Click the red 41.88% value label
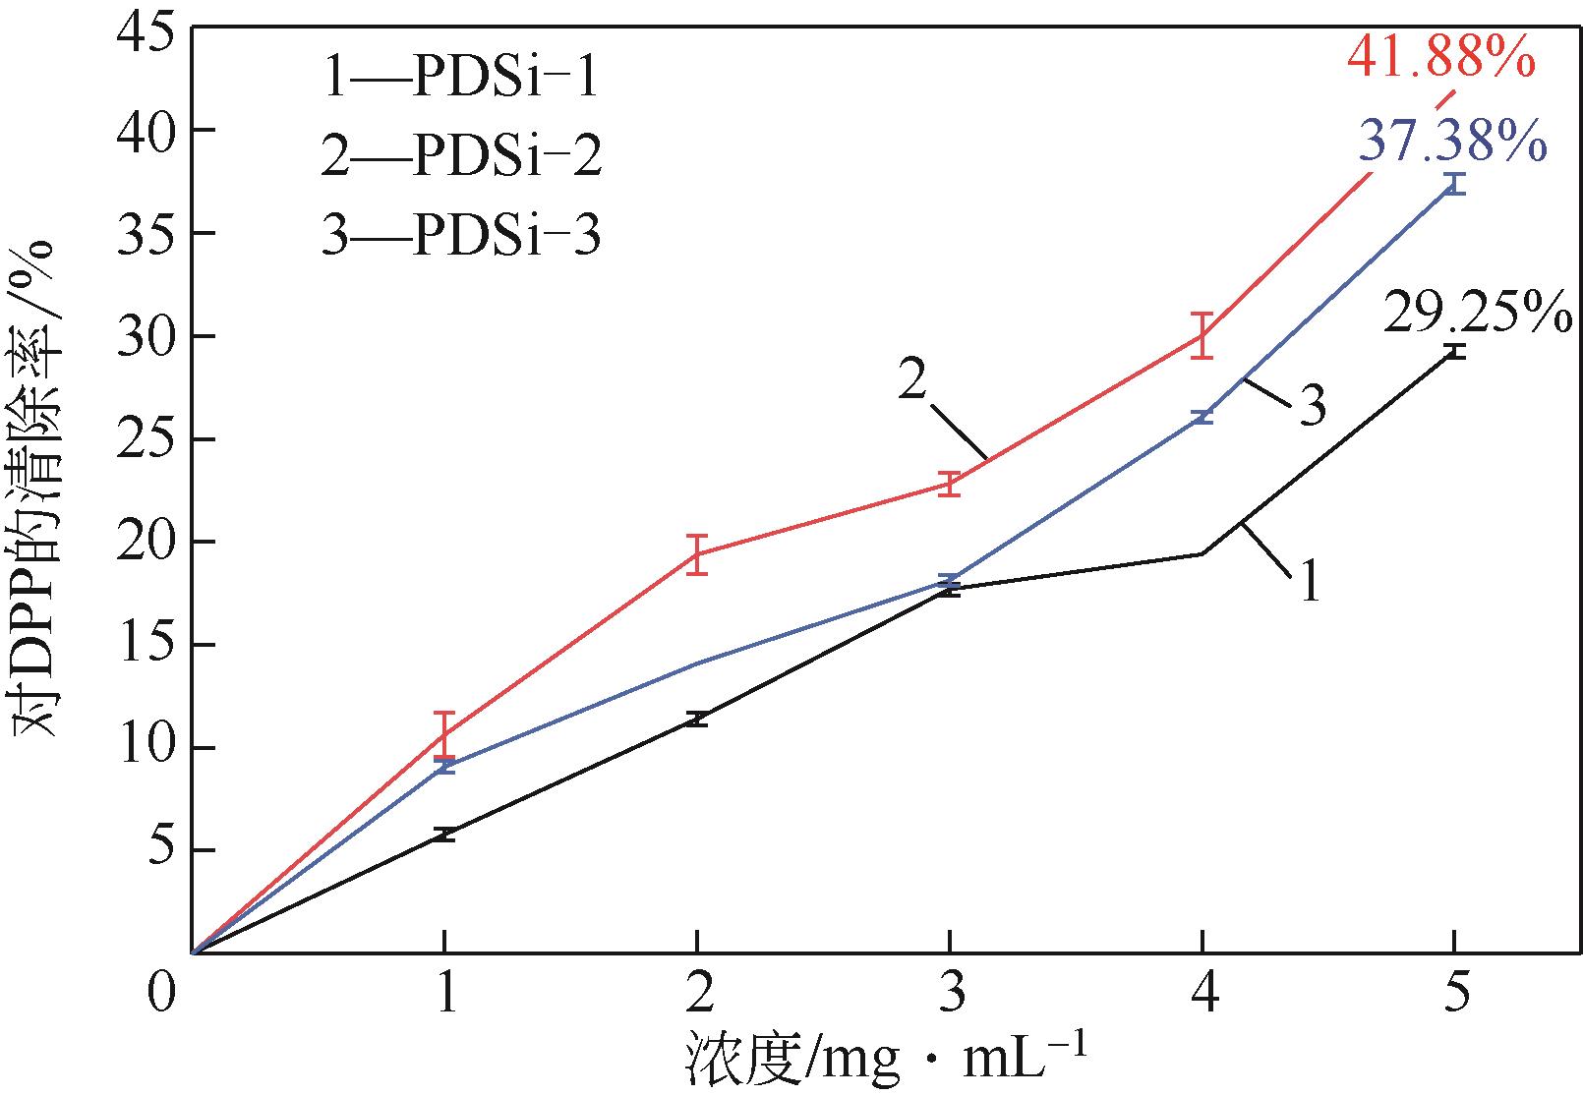click(x=1439, y=60)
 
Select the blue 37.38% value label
click(x=1452, y=142)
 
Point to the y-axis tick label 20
click(x=147, y=543)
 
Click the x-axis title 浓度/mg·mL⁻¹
click(x=884, y=1060)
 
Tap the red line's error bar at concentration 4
click(x=1202, y=335)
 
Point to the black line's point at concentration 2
click(x=697, y=719)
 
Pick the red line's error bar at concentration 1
click(x=444, y=732)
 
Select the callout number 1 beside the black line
click(x=1309, y=582)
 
